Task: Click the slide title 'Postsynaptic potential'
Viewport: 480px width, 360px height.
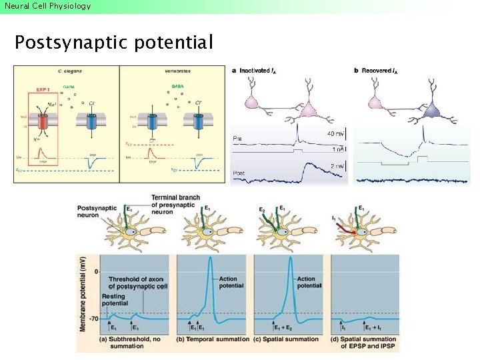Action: tap(113, 43)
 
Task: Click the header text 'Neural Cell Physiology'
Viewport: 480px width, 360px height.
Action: tap(47, 6)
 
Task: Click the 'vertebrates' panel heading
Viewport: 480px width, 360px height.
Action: tap(175, 70)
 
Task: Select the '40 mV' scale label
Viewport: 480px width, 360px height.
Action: tap(335, 135)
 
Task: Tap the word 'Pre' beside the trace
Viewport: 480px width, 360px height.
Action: tap(237, 138)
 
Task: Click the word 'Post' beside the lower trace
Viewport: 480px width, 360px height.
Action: tap(239, 173)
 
